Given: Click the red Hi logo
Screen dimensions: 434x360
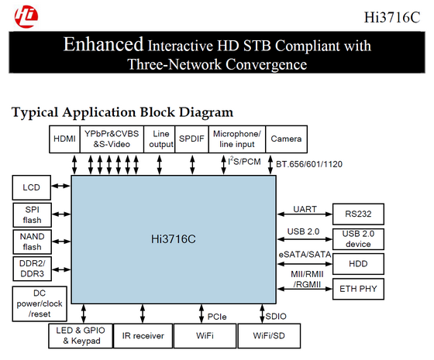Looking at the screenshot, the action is coord(26,16).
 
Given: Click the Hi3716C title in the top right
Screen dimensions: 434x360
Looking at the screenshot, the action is coord(392,17).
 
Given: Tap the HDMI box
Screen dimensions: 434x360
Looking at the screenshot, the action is coord(64,139).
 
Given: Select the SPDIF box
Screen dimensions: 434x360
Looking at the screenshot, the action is coord(191,139).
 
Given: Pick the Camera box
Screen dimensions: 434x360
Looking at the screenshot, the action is coord(286,139).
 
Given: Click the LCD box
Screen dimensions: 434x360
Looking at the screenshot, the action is coord(32,187).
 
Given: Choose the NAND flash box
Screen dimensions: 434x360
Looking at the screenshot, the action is coord(32,242).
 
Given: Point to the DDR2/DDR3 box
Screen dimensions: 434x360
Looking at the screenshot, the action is coord(32,269).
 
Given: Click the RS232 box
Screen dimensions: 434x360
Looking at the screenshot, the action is coord(358,214).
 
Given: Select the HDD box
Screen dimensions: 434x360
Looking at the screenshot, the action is coord(358,264).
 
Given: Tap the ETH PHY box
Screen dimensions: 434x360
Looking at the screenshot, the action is coord(358,289).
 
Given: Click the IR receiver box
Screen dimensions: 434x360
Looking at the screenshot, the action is coord(143,336).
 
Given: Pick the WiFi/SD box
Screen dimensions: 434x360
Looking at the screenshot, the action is coord(269,336).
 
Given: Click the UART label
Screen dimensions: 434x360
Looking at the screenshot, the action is coord(305,209).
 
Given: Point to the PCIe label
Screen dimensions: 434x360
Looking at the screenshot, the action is coord(217,317).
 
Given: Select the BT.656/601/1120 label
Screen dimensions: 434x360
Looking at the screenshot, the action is coord(309,164).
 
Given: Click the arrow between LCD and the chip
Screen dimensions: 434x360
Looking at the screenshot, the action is coord(61,186).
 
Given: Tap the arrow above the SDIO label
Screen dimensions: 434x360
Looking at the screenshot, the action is coord(262,314).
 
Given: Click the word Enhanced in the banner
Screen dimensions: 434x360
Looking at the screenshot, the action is coord(104,44).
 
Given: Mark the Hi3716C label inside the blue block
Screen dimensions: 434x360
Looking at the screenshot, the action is coord(174,239).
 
